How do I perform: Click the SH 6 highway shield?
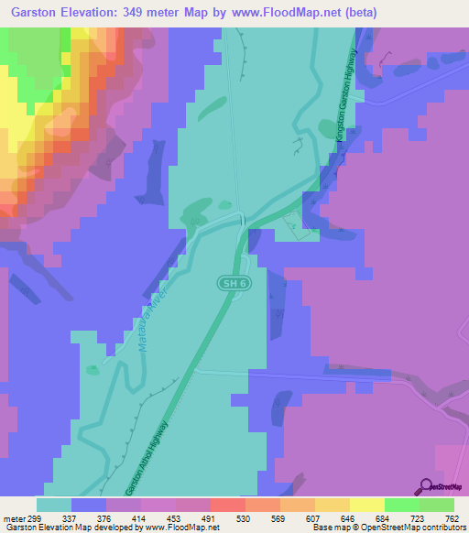coord(234,284)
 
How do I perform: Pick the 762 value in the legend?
coord(453,519)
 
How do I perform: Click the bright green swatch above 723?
coord(401,505)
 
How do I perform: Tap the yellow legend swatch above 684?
coord(366,505)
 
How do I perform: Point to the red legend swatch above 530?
coord(227,505)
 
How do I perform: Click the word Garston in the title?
coord(38,13)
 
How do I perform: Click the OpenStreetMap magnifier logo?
coord(426,486)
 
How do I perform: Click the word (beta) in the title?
coord(359,13)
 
